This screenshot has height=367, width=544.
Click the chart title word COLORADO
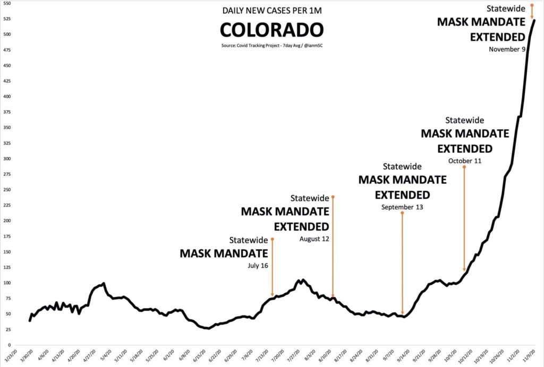[x=271, y=29]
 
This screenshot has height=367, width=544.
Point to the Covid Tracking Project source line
[x=271, y=46]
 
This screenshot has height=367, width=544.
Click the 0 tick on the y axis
[x=10, y=345]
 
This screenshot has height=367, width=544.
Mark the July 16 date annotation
[x=258, y=265]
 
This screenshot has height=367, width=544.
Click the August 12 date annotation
[x=314, y=239]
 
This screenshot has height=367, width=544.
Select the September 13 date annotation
[x=402, y=207]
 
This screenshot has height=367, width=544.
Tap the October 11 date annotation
[x=465, y=161]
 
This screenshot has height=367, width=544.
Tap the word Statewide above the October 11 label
[x=465, y=120]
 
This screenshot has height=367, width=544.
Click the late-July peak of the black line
[x=302, y=279]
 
